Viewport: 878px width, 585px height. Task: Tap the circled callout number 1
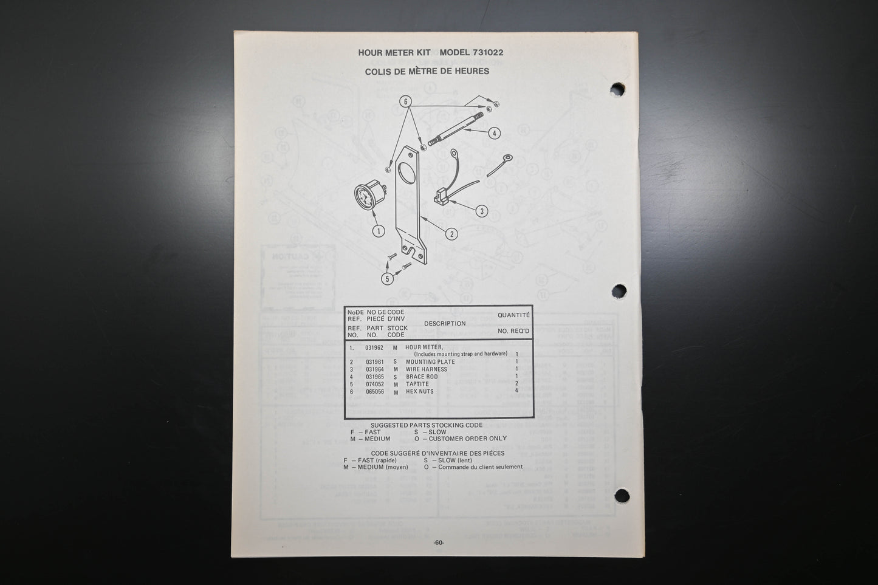[379, 231]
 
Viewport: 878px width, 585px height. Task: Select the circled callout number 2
[450, 233]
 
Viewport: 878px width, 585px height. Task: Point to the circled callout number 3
[481, 211]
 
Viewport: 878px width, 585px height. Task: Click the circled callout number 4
[495, 133]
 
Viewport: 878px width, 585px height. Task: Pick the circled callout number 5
[388, 279]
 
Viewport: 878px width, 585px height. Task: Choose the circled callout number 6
[405, 101]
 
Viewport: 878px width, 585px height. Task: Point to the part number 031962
[374, 347]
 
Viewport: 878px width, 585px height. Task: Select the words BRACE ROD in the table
[422, 377]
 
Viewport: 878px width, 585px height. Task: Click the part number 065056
[374, 392]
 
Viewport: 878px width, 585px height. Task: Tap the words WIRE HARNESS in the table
[426, 369]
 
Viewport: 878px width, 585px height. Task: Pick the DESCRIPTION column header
[445, 324]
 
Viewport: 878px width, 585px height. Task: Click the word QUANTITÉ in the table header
[513, 315]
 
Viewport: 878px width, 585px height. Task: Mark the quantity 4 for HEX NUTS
[516, 392]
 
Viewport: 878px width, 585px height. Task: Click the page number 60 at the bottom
[439, 543]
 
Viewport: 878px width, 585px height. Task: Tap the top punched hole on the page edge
[617, 90]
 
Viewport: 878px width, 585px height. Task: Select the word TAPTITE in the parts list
[417, 384]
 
